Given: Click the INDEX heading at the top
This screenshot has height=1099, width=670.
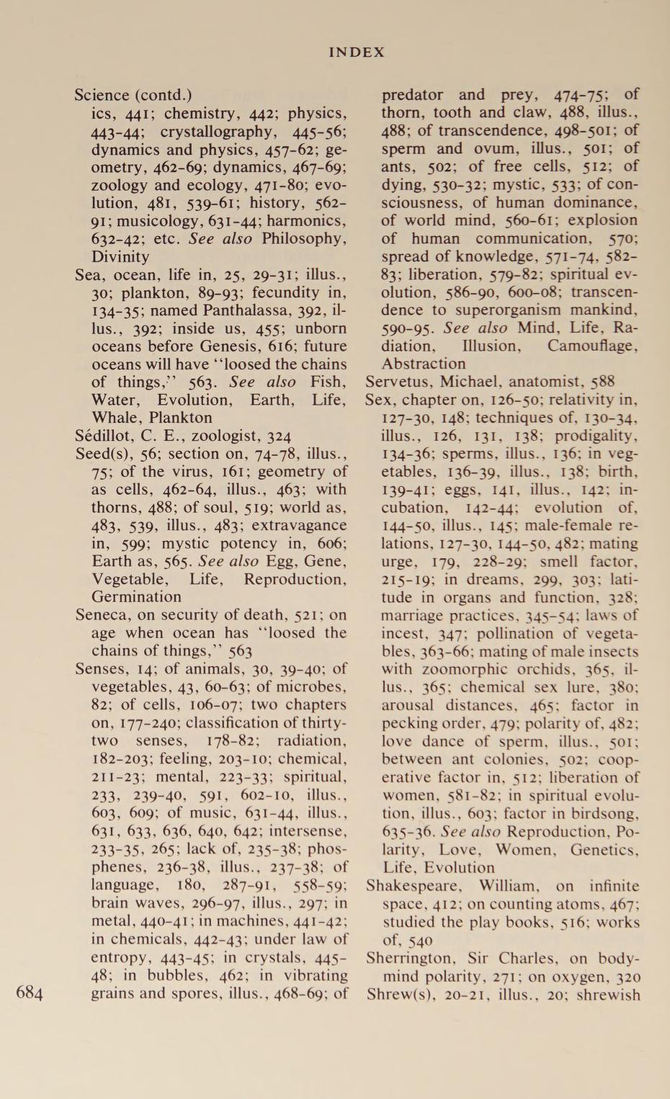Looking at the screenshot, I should point(357,53).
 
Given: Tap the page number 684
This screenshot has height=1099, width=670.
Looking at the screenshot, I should point(30,994).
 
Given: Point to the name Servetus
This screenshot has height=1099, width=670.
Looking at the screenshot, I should point(397,382).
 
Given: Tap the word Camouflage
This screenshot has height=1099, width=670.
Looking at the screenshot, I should point(592,346).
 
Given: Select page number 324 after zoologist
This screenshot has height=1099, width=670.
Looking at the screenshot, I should point(279,436).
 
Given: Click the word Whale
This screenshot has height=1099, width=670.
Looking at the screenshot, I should point(115,418).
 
